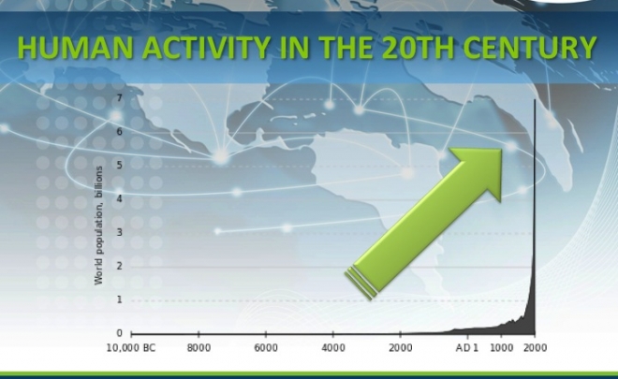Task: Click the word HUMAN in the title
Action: point(75,48)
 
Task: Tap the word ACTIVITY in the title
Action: point(207,48)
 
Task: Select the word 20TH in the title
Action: point(418,48)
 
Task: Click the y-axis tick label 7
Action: point(120,98)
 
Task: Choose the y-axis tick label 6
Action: point(120,132)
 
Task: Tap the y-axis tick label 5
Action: point(120,165)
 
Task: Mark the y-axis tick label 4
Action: point(120,198)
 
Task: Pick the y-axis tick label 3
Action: point(120,232)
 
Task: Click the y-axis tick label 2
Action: point(120,266)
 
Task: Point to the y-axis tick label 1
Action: point(120,299)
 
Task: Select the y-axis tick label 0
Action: point(120,333)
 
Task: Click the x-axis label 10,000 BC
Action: point(131,348)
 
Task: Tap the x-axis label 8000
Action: point(199,348)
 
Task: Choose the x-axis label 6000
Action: point(266,348)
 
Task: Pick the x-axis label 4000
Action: point(333,348)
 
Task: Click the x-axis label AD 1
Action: point(467,348)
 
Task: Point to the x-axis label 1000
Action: point(501,348)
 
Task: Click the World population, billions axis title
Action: point(98,226)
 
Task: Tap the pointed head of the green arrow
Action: point(501,150)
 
